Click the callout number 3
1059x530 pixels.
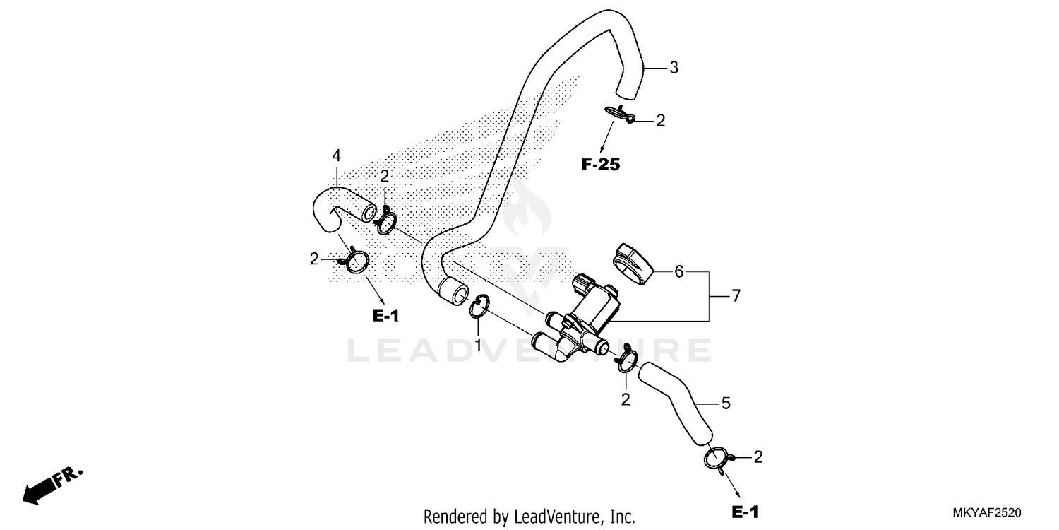pos(674,68)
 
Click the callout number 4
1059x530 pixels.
pos(337,155)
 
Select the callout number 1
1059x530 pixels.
pos(478,346)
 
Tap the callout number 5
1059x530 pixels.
pos(726,404)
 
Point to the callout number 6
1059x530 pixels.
pos(679,271)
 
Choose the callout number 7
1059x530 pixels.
pos(736,296)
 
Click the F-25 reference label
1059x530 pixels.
pos(600,165)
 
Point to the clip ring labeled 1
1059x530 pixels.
pos(479,307)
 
